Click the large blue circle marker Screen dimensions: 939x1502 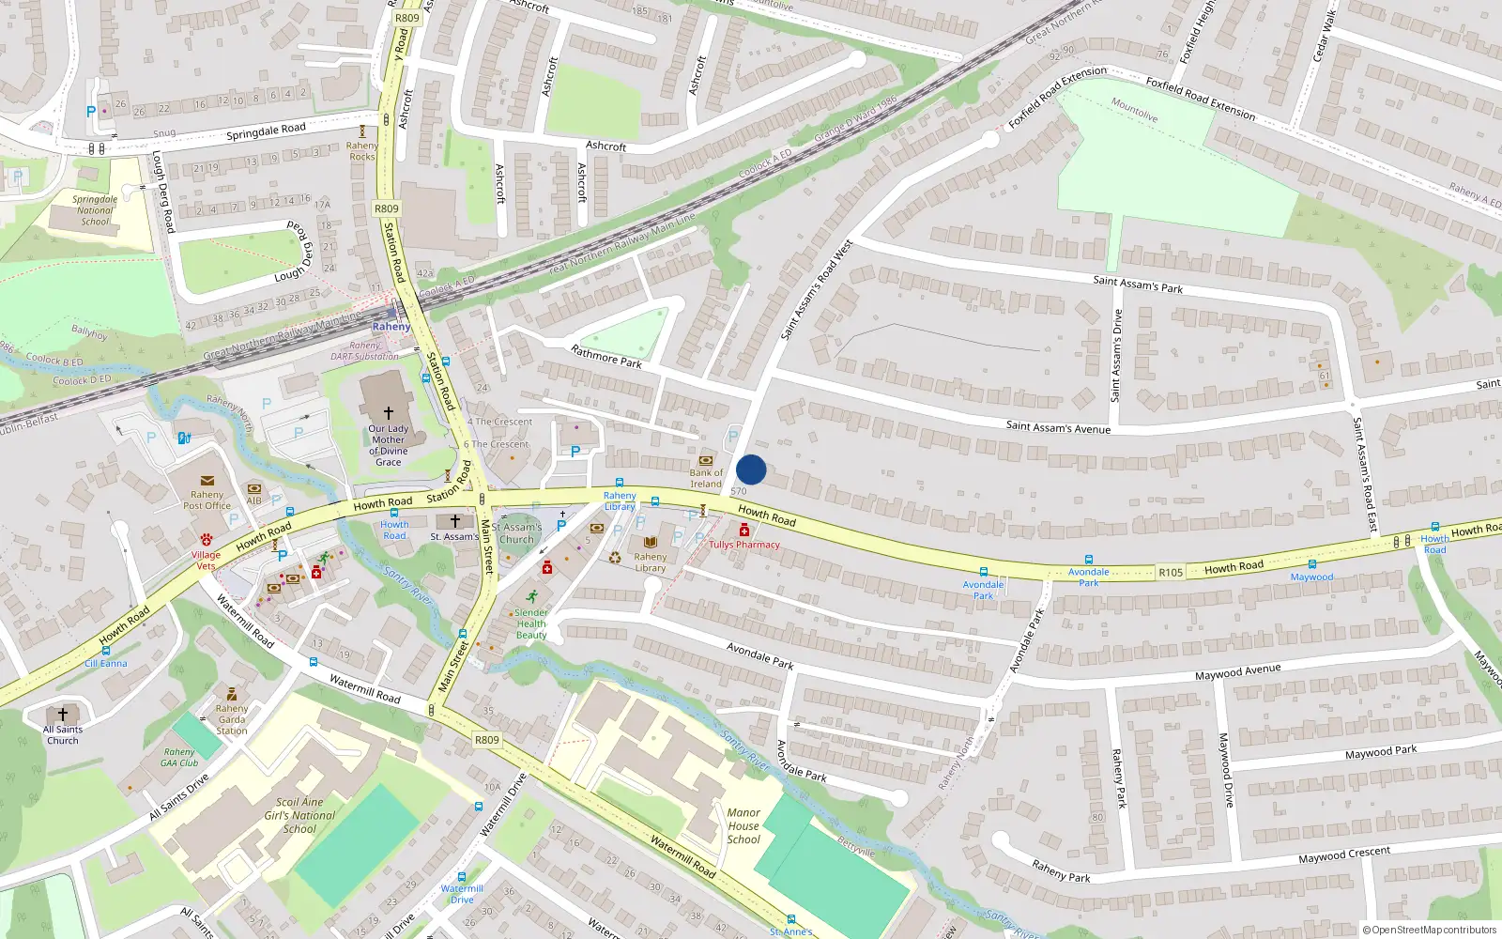[x=751, y=469]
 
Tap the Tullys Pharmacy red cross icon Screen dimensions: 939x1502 [x=744, y=531]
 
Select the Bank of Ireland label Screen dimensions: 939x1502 [x=706, y=478]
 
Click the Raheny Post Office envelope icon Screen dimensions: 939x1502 [x=207, y=481]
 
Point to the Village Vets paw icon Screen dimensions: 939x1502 [x=206, y=540]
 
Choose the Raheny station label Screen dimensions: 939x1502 [x=391, y=327]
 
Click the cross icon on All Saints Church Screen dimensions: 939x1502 [x=63, y=715]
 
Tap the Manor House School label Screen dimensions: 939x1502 [x=743, y=826]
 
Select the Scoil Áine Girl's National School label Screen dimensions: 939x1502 [x=299, y=815]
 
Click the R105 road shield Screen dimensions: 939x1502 [x=1171, y=572]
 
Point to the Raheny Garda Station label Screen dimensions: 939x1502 [x=232, y=719]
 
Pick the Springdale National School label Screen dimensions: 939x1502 [x=95, y=210]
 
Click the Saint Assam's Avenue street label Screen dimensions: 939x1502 [x=1058, y=427]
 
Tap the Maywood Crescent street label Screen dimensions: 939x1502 [x=1344, y=855]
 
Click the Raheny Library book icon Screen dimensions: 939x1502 [x=651, y=543]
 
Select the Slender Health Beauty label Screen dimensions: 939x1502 [x=531, y=623]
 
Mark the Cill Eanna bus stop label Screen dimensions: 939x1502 [x=106, y=663]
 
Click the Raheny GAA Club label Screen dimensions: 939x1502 [x=179, y=757]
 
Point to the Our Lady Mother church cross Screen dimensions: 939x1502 [x=388, y=413]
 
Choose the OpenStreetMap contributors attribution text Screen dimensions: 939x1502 [x=1429, y=930]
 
